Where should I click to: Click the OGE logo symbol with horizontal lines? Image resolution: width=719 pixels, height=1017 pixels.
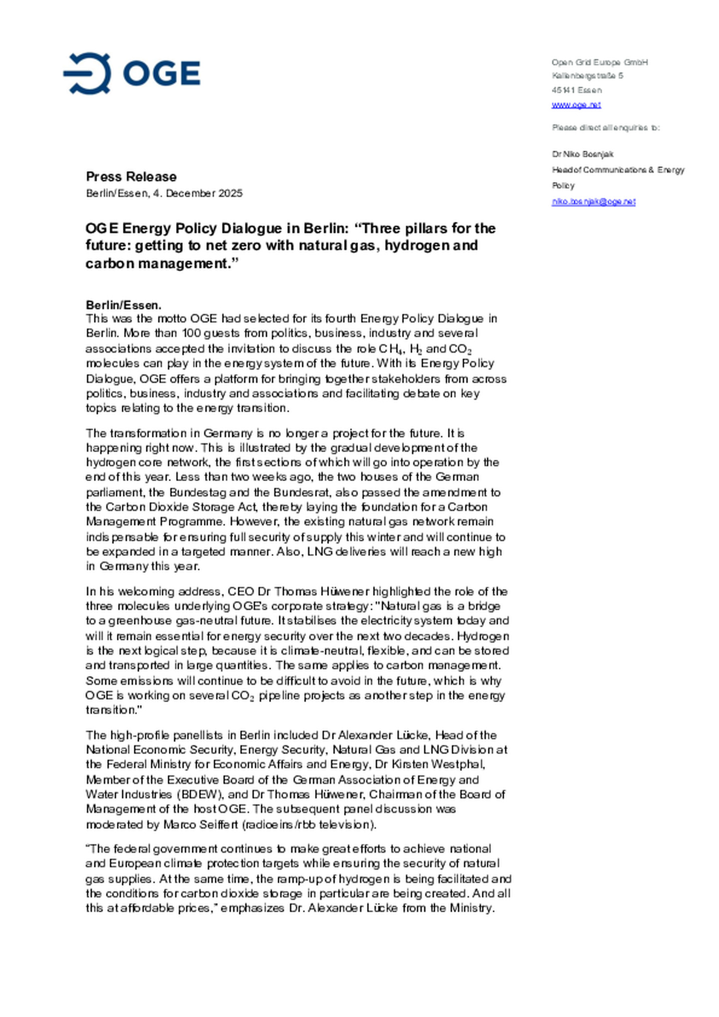tap(87, 73)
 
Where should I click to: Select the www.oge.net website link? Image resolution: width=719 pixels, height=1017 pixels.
tap(576, 105)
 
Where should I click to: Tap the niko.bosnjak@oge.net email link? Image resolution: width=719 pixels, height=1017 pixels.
tap(593, 202)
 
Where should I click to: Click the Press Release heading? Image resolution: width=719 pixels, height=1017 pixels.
tap(131, 177)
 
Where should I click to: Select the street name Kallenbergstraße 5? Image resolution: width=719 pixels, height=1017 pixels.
tap(587, 76)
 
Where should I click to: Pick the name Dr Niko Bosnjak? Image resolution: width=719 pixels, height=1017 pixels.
tap(582, 154)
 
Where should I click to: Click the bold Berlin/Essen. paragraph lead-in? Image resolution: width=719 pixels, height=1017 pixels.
tap(123, 305)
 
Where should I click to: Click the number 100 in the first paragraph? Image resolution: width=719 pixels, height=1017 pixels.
tap(191, 333)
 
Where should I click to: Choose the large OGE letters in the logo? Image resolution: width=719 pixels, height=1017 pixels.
tap(162, 73)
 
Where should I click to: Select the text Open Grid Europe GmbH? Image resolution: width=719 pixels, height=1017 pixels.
tap(599, 62)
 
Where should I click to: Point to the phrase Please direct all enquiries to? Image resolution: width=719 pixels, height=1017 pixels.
tap(605, 128)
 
